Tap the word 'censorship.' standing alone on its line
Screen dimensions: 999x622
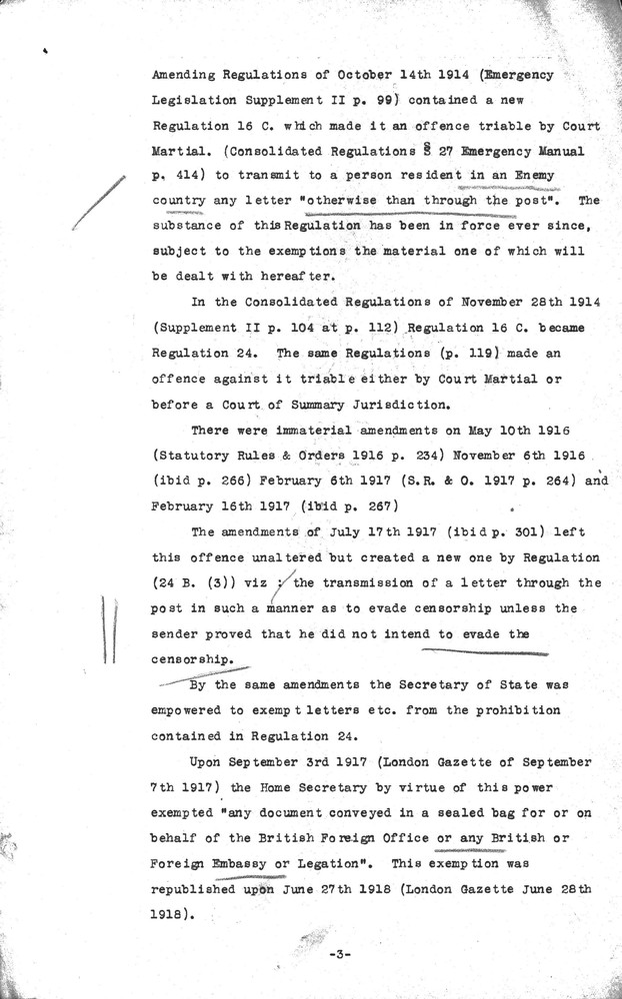195,659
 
